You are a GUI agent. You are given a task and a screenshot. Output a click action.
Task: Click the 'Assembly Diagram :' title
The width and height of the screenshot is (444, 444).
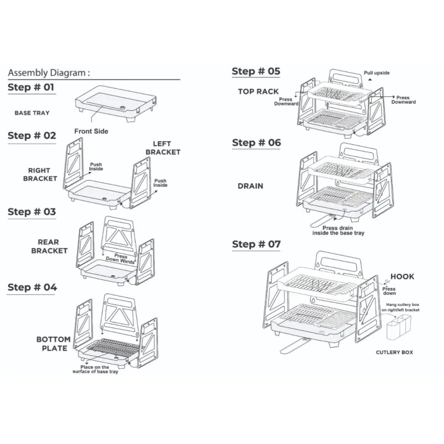[x=49, y=72]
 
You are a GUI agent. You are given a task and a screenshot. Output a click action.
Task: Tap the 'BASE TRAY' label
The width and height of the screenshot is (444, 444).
[x=32, y=113]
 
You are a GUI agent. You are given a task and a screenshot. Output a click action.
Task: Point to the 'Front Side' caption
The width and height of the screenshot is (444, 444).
[x=91, y=131]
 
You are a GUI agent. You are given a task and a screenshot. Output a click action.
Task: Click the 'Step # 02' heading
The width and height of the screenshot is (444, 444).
[x=31, y=136]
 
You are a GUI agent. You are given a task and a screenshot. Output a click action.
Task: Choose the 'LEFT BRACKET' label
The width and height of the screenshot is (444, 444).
[x=162, y=147]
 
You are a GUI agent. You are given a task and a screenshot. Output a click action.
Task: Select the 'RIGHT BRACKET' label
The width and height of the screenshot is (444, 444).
[x=40, y=175]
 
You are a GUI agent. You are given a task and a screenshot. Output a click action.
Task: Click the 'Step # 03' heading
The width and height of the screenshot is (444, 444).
[x=31, y=212]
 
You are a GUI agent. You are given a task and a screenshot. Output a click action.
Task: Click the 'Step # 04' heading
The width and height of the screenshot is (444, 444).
[x=31, y=287]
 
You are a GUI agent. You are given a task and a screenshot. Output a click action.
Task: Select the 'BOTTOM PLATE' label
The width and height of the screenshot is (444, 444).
[x=54, y=343]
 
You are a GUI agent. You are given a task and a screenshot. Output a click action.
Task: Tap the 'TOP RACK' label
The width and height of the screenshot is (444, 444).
[x=258, y=92]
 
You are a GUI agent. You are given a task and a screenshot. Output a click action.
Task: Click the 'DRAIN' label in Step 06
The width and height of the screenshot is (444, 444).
[x=250, y=185]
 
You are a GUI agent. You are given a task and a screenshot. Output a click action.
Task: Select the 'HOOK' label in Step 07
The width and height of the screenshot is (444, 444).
[x=402, y=277]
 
